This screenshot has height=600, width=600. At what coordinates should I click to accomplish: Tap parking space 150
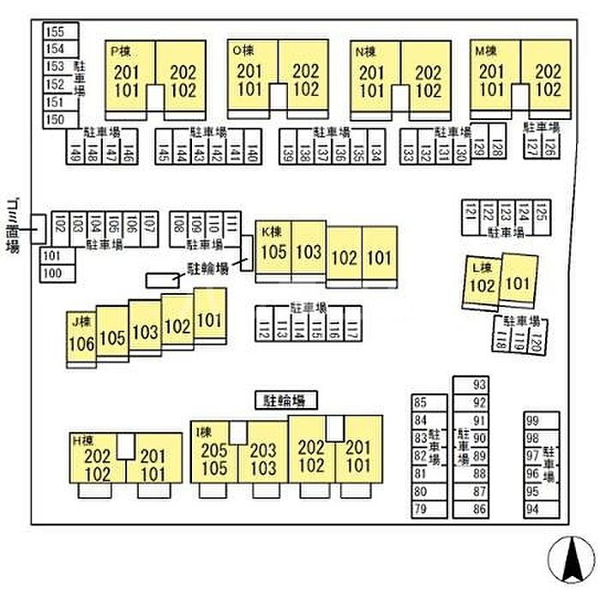[55, 120]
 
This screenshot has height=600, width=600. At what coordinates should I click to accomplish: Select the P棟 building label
[119, 51]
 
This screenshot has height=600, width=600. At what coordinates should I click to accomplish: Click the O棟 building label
[241, 51]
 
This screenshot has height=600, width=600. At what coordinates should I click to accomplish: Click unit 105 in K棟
[273, 252]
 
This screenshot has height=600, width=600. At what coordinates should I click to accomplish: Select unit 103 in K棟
[309, 252]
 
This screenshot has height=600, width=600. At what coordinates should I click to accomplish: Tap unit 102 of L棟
[482, 285]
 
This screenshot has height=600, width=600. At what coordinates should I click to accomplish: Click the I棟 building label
[203, 431]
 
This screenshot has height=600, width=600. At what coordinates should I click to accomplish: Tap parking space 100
[52, 273]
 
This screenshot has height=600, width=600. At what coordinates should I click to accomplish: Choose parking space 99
[532, 420]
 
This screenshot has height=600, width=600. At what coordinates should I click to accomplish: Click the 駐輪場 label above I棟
[285, 399]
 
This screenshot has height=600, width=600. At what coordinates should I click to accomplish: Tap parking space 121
[470, 211]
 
